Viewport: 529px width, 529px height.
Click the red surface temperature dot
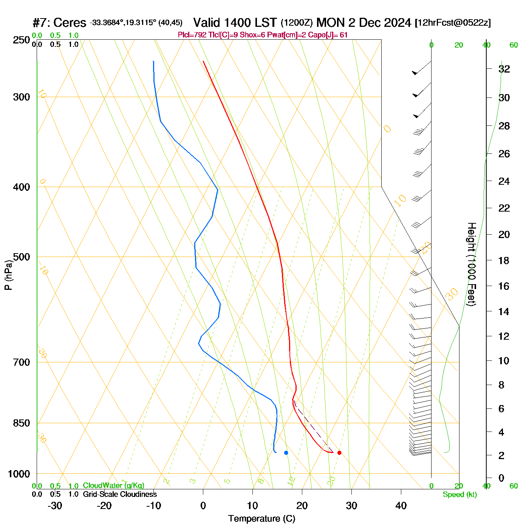click(x=339, y=453)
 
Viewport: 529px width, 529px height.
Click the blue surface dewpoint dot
click(x=286, y=453)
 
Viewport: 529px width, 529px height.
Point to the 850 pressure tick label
click(x=22, y=423)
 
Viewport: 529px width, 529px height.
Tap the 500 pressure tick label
click(x=22, y=257)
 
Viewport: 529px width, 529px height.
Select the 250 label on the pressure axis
click(x=22, y=40)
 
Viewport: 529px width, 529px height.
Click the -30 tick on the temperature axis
click(x=55, y=506)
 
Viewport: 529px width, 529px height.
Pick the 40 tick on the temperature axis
click(x=401, y=506)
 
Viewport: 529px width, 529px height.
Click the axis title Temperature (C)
click(x=261, y=519)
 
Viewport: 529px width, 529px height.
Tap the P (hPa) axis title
click(x=8, y=275)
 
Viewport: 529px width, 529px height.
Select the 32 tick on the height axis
click(x=504, y=69)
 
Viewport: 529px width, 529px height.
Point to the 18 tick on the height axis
click(x=504, y=260)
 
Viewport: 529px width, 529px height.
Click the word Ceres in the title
click(x=70, y=23)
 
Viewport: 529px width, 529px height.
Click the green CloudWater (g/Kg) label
click(x=113, y=486)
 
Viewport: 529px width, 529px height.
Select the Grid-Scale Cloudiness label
click(x=120, y=494)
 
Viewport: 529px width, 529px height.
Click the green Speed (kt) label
click(x=460, y=495)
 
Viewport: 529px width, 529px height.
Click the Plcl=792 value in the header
click(x=192, y=35)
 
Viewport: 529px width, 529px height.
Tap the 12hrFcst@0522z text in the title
click(x=453, y=23)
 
